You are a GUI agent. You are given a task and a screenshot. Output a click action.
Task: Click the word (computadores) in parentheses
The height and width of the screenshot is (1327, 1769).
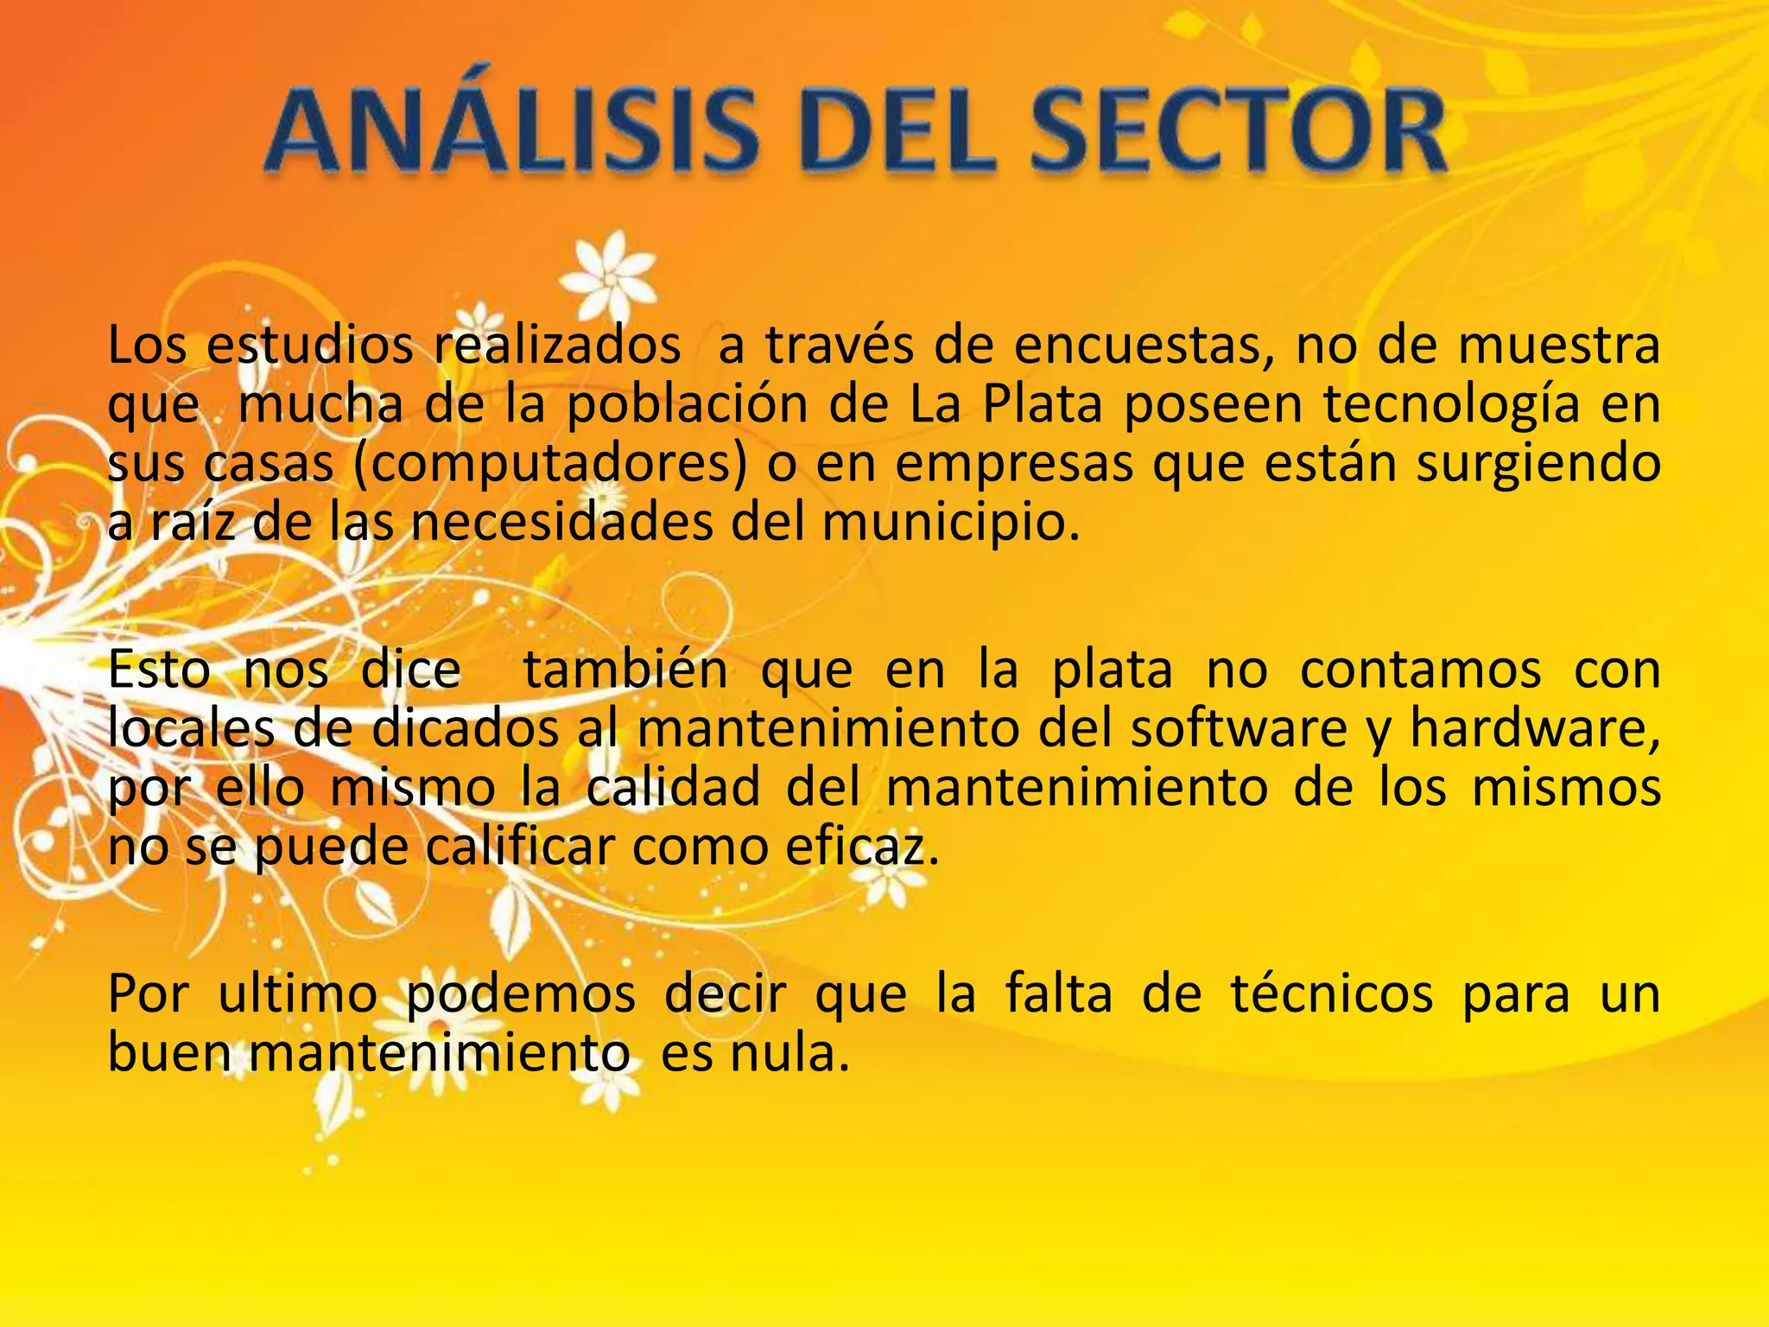coord(549,464)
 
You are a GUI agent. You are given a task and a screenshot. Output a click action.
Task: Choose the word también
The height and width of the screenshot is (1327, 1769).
coord(626,670)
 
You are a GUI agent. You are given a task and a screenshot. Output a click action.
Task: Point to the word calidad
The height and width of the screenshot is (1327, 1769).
coord(673,787)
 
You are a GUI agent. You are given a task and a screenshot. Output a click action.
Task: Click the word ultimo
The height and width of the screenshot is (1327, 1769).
coord(298,994)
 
